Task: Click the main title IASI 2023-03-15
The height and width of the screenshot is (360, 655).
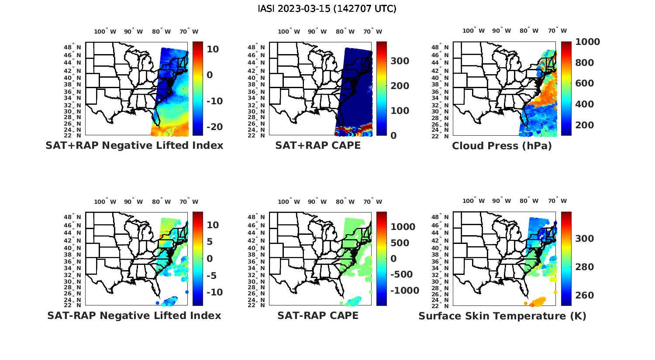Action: coord(327,9)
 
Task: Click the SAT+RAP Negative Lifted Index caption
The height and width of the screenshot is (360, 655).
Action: coord(134,146)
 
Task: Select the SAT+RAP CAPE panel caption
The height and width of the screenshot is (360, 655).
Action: coord(318,146)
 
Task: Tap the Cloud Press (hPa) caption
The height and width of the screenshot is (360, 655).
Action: coord(502,146)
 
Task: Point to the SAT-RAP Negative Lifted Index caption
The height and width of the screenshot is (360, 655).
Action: coord(134,315)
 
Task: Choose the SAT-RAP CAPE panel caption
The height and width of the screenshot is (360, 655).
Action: coord(318,315)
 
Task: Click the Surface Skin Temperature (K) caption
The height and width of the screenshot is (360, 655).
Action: coord(502,316)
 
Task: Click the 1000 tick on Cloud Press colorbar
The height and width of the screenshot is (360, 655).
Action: coord(587,42)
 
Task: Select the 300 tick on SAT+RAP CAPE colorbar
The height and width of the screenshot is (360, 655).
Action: coord(400,61)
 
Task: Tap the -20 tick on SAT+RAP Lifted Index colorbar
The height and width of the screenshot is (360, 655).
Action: coord(214,127)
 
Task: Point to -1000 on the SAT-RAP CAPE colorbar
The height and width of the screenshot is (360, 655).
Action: coord(404,291)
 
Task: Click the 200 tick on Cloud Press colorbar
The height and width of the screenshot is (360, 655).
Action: coord(585,125)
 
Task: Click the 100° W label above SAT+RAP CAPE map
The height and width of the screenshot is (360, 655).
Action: coord(289,31)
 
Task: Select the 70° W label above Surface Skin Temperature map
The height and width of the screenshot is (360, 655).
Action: coord(557,201)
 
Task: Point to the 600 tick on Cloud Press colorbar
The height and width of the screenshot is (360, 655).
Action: coord(585,83)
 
